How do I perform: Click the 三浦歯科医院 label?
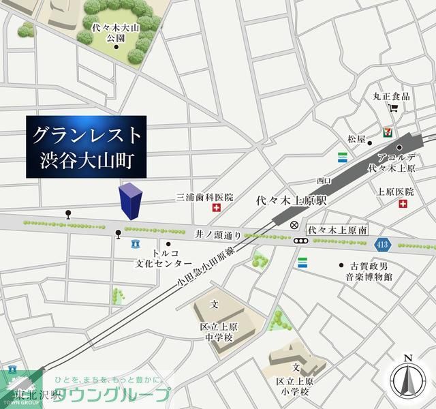click(x=204, y=197)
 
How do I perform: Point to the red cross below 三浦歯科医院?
click(x=217, y=208)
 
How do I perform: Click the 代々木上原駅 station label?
click(x=292, y=202)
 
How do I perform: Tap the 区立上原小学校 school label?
click(x=294, y=386)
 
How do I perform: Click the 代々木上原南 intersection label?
click(x=337, y=230)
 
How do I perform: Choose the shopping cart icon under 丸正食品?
click(x=392, y=108)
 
